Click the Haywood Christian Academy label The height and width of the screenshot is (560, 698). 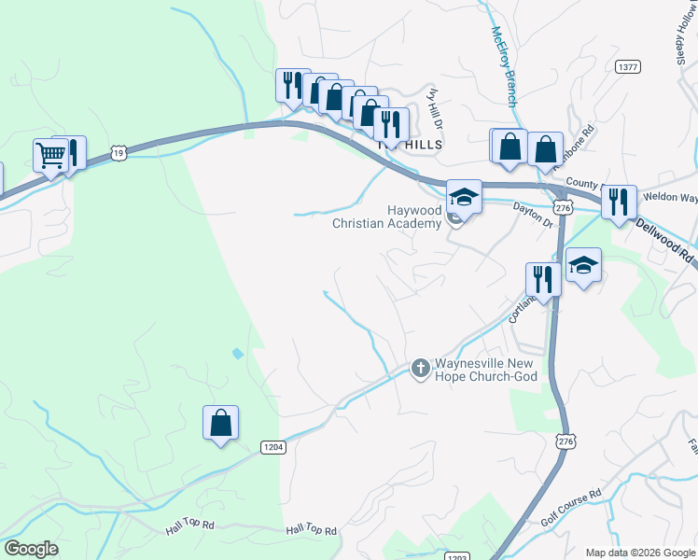(x=386, y=217)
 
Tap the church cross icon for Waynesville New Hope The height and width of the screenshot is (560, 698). (x=420, y=369)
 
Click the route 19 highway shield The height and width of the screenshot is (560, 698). (x=117, y=151)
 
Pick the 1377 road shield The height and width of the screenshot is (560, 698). (x=627, y=66)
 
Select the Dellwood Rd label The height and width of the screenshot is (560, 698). (x=666, y=237)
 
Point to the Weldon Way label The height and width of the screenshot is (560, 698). (x=677, y=198)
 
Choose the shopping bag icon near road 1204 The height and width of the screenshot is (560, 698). (x=220, y=423)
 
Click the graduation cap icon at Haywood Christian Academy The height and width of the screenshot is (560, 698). (x=464, y=197)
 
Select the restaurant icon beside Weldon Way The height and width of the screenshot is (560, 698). (x=619, y=202)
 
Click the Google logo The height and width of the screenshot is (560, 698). (x=31, y=549)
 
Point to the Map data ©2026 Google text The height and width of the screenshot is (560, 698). (x=639, y=553)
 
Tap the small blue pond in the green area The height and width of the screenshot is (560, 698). (x=237, y=354)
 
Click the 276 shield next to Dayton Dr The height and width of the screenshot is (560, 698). (x=562, y=209)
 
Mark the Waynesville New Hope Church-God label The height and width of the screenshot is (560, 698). (x=486, y=370)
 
